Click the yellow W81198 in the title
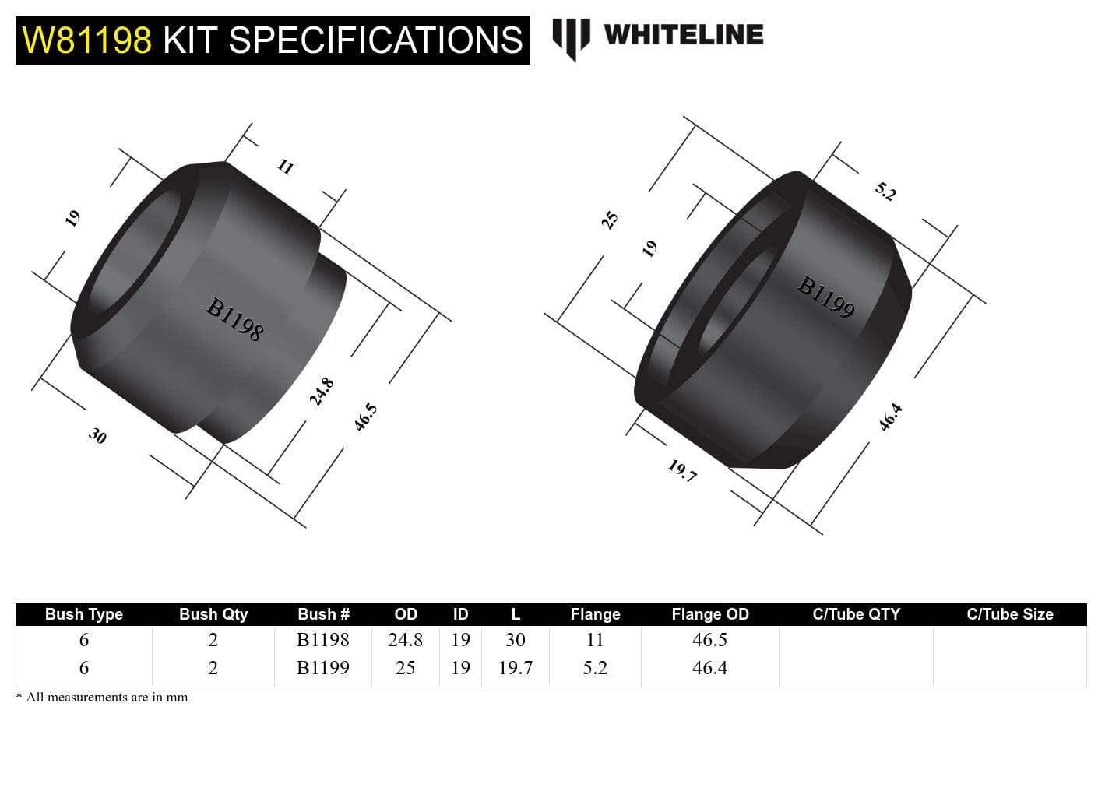tap(86, 40)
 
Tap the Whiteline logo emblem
tap(570, 37)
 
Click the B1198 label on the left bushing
tap(234, 319)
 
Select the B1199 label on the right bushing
tap(825, 297)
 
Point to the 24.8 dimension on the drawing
tap(322, 391)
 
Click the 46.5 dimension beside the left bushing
tap(365, 417)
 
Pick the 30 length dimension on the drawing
tap(97, 435)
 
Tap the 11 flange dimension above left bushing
tap(285, 166)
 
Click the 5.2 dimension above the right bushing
tap(885, 191)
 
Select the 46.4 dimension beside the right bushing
tap(890, 417)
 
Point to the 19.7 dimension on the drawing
tap(682, 470)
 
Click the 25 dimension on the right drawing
tap(610, 220)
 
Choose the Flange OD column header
tap(709, 614)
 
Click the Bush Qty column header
tap(213, 614)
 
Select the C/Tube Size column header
tap(1009, 614)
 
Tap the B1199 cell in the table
tap(322, 667)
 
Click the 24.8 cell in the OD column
tap(405, 640)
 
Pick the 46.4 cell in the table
tap(709, 667)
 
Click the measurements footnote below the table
tap(102, 697)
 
